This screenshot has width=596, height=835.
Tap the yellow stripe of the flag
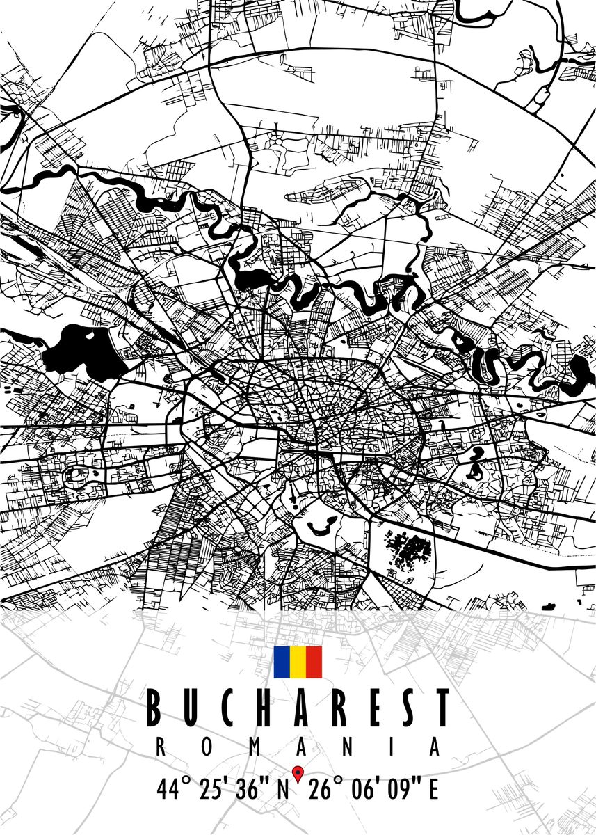(298, 662)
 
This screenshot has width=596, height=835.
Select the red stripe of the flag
(314, 662)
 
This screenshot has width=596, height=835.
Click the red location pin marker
(298, 772)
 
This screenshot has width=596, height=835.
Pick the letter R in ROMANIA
(159, 747)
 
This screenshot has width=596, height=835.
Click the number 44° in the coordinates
(174, 790)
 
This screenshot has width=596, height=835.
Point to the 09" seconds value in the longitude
(403, 790)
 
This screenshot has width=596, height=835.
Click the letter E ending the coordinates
(433, 790)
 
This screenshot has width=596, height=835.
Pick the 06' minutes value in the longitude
(363, 790)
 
